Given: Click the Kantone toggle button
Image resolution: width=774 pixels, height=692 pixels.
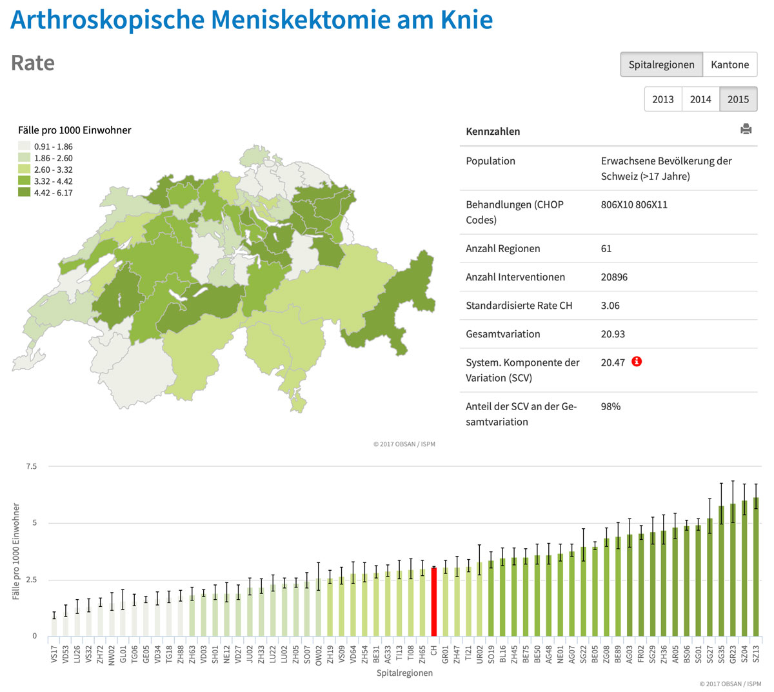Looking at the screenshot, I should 729,64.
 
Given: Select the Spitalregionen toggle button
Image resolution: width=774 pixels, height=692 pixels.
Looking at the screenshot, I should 661,64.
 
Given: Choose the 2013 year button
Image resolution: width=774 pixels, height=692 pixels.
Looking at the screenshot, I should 662,99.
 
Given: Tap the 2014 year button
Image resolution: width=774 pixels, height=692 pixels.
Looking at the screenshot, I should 700,99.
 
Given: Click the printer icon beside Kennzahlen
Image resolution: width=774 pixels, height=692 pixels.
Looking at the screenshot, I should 746,129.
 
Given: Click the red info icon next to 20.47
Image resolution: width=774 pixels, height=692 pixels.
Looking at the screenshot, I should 637,361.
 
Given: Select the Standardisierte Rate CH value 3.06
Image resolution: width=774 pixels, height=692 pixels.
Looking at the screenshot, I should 610,306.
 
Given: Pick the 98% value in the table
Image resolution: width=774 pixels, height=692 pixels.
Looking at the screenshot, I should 610,406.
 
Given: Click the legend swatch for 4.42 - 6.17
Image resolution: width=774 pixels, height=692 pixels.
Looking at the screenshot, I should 25,193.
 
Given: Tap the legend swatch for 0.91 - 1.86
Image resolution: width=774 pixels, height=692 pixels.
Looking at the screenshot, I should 25,146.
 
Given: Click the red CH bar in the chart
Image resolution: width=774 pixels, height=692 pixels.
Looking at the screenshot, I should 434,602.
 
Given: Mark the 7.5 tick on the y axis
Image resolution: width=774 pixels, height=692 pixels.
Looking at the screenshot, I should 31,466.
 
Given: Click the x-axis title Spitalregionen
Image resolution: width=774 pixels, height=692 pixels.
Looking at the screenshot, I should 404,673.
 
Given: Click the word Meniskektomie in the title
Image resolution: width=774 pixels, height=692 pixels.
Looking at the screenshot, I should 306,20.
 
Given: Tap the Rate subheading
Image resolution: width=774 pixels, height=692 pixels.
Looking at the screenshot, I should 33,63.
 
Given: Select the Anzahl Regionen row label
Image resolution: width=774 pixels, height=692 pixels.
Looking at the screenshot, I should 502,249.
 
